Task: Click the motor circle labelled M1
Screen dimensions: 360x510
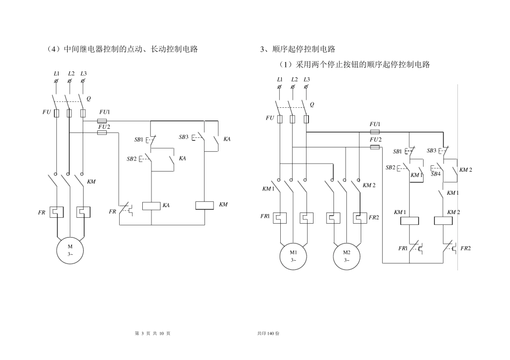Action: tap(293, 255)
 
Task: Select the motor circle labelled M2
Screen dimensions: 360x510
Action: tap(347, 255)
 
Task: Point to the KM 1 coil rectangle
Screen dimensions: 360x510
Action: tap(410, 220)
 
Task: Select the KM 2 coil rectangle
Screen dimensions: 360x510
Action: tap(443, 220)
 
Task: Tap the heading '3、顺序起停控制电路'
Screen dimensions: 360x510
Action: tap(297, 49)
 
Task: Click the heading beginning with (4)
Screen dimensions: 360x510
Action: tap(122, 49)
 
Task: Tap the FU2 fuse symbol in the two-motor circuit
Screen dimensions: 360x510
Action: tap(375, 146)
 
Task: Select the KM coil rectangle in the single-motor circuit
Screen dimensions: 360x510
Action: tap(205, 205)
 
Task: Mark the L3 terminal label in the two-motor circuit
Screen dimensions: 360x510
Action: tap(307, 80)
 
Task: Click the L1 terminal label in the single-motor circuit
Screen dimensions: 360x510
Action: tap(57, 73)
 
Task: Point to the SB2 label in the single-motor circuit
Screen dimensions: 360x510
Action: tap(132, 159)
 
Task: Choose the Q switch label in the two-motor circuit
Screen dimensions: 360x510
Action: tap(312, 105)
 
